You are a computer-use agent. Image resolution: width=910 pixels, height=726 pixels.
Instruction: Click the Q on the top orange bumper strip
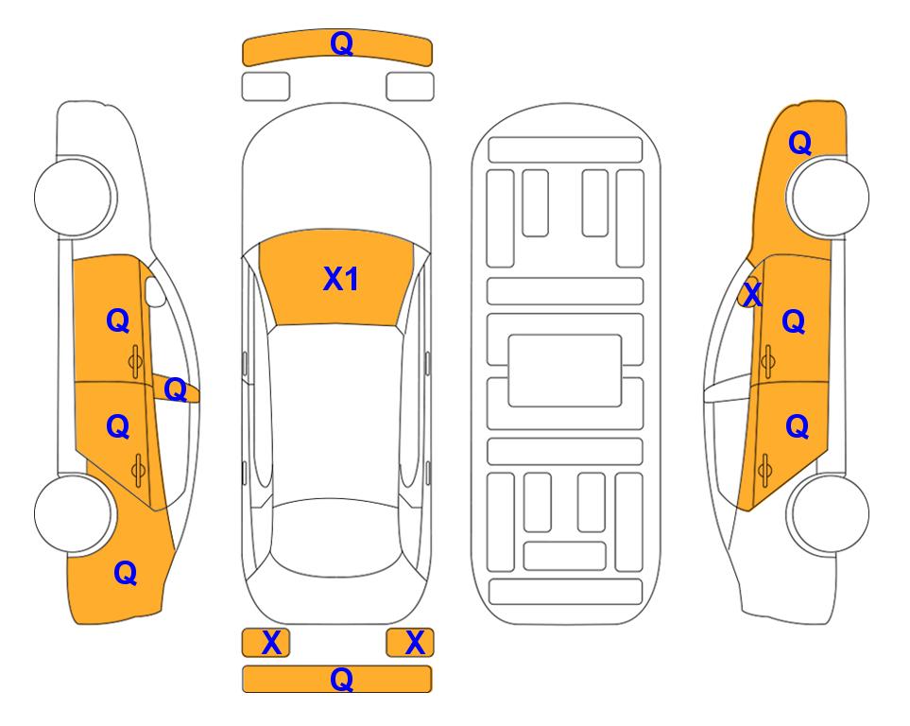click(341, 43)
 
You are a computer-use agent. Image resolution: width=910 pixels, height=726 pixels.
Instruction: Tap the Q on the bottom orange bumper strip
click(341, 679)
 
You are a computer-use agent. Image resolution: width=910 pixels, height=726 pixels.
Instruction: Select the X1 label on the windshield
click(341, 279)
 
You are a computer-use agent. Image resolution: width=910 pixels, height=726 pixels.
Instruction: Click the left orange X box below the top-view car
click(266, 643)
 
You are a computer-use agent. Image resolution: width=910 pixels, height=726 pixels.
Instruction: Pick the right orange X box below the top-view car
click(410, 643)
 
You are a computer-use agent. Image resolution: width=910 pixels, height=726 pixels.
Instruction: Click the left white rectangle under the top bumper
click(266, 87)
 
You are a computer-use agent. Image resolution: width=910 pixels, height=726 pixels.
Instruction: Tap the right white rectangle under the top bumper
click(410, 87)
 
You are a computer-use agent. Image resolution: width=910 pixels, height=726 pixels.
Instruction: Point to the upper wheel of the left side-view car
click(74, 197)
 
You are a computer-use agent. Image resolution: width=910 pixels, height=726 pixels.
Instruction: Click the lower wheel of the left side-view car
click(74, 513)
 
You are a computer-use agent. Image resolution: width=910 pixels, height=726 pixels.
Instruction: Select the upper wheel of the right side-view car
click(830, 197)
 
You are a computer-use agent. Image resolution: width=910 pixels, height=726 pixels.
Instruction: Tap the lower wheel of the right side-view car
click(830, 513)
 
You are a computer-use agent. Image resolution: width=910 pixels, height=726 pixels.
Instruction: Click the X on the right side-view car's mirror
click(752, 294)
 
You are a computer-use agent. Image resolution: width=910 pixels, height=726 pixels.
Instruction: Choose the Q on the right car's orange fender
click(799, 143)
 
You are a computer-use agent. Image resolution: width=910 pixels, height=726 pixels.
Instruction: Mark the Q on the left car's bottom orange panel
click(126, 574)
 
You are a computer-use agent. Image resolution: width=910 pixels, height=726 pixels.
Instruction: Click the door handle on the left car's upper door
click(136, 361)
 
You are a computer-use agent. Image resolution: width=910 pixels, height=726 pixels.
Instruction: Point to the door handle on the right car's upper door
click(767, 361)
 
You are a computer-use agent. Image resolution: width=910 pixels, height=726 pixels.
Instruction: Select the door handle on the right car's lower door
click(764, 469)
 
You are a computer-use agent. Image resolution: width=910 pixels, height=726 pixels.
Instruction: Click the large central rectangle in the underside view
click(565, 371)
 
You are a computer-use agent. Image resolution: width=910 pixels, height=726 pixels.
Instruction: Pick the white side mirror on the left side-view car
click(155, 291)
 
